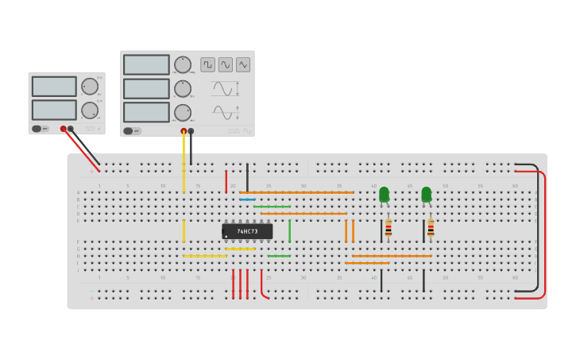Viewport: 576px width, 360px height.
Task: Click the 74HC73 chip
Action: tap(247, 231)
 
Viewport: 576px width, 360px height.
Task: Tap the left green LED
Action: tap(384, 194)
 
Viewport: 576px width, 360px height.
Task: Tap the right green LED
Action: tap(427, 194)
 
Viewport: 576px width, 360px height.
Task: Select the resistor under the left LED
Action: tap(389, 229)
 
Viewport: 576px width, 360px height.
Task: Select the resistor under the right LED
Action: tap(431, 229)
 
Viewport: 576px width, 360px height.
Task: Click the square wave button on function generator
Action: tap(207, 64)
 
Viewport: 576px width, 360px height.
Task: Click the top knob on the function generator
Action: tap(183, 64)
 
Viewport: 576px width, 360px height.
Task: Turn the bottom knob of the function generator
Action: tap(183, 112)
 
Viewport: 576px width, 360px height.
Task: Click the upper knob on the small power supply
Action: tap(90, 87)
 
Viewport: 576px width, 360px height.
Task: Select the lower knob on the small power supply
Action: tap(90, 110)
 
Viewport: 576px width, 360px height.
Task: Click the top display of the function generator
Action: tap(146, 64)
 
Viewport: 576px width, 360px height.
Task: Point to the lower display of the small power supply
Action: tap(54, 110)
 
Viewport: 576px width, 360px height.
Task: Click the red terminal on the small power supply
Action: tap(64, 129)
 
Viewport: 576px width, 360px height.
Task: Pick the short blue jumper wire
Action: tap(247, 199)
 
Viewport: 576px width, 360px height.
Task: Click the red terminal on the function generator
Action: tap(184, 131)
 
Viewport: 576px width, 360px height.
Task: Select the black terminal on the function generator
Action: tap(191, 131)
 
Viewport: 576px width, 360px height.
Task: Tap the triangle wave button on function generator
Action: tap(243, 64)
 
